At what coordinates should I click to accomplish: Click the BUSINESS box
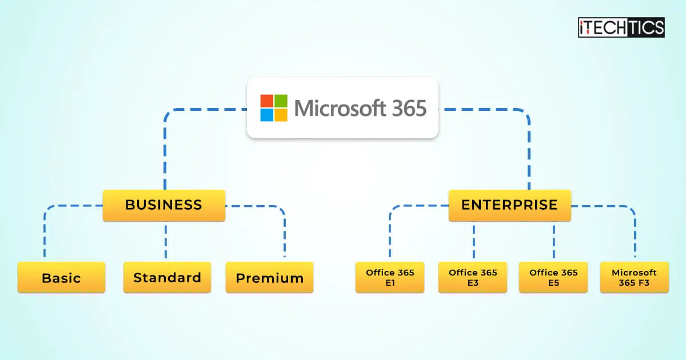(163, 205)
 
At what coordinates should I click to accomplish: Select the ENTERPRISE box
(509, 205)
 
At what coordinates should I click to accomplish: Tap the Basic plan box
(61, 278)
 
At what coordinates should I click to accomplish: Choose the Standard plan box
(167, 278)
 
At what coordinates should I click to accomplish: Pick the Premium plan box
(269, 278)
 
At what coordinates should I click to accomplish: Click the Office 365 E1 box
(390, 278)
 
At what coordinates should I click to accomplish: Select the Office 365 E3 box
(472, 278)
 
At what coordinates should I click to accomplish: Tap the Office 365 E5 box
(553, 278)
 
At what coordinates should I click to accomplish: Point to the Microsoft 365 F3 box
(634, 278)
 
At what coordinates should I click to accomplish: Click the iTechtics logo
(621, 27)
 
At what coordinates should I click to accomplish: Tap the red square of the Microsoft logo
(266, 101)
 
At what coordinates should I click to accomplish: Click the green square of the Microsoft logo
(281, 101)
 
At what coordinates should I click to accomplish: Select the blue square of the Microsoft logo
(266, 115)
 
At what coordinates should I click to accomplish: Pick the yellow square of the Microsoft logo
(281, 115)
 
